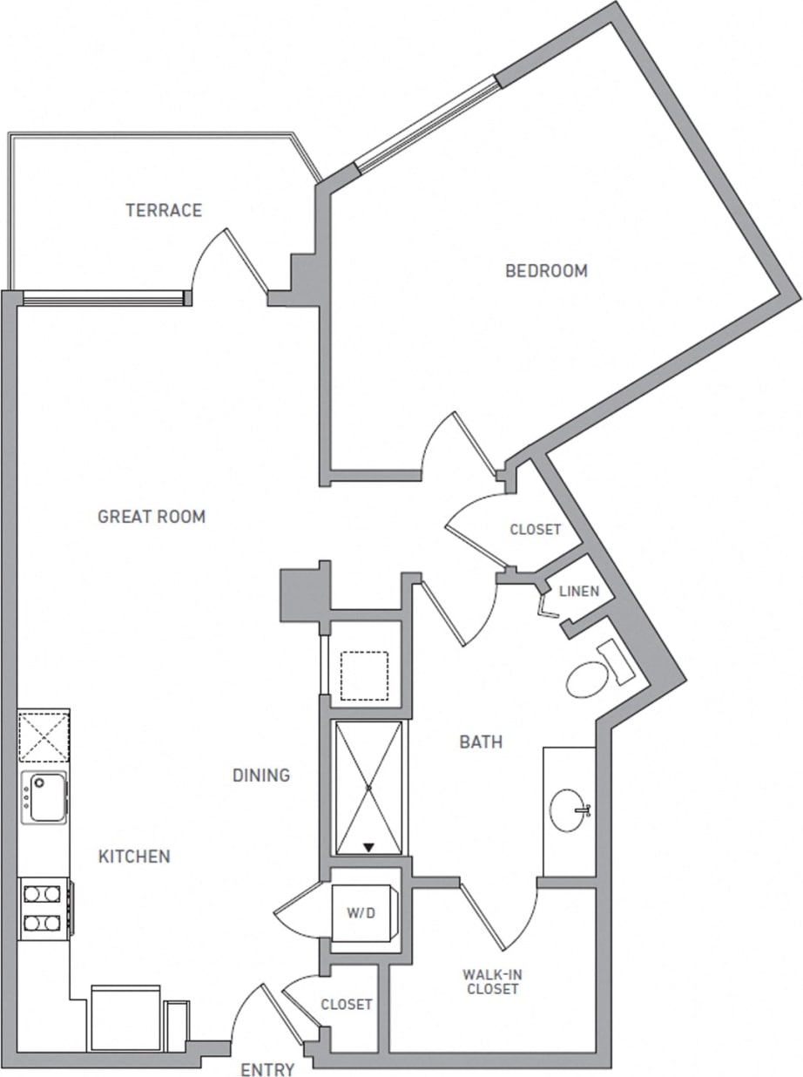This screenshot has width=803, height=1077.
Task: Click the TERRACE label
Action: [163, 210]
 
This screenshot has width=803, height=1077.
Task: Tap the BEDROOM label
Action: [546, 271]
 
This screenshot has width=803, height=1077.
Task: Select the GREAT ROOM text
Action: [152, 517]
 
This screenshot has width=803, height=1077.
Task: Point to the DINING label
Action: [261, 775]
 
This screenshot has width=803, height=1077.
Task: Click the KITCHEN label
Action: [133, 857]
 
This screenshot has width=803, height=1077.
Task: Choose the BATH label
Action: [481, 742]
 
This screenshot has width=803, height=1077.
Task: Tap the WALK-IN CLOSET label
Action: [492, 982]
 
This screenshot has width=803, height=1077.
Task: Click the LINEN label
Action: [578, 592]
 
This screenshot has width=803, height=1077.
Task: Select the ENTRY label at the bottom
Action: [268, 1069]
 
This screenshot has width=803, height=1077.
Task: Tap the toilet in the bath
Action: [590, 679]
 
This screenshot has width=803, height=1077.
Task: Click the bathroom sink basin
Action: [570, 809]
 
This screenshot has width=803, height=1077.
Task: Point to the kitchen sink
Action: [43, 796]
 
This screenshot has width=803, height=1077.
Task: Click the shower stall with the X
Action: [369, 788]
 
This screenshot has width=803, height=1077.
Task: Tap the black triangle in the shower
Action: [369, 846]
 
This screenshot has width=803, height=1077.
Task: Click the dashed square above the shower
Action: [364, 675]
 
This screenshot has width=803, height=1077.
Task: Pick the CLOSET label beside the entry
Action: [347, 1005]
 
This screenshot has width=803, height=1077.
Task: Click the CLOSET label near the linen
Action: [535, 530]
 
